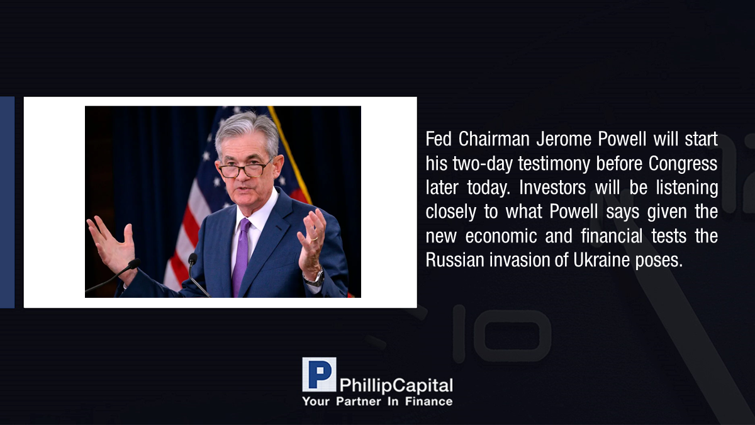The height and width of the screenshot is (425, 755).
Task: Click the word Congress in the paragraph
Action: tap(683, 164)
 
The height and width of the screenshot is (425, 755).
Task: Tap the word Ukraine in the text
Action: tap(601, 260)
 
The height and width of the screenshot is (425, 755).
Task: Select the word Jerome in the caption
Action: tap(563, 139)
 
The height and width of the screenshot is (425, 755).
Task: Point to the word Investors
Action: tap(552, 188)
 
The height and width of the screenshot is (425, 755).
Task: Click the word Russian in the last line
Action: tap(455, 260)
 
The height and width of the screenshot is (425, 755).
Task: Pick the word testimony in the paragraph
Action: tap(554, 164)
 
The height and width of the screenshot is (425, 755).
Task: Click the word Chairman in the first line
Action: tap(494, 139)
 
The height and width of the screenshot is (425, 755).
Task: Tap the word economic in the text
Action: tap(501, 236)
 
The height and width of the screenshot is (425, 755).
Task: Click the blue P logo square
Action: tap(319, 375)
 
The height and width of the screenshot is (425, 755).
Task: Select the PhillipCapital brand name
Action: tap(396, 386)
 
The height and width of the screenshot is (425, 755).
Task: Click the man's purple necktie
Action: tap(242, 256)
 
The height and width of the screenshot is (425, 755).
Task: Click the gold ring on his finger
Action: tap(314, 239)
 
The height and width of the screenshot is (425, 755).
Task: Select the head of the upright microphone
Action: tap(193, 259)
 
